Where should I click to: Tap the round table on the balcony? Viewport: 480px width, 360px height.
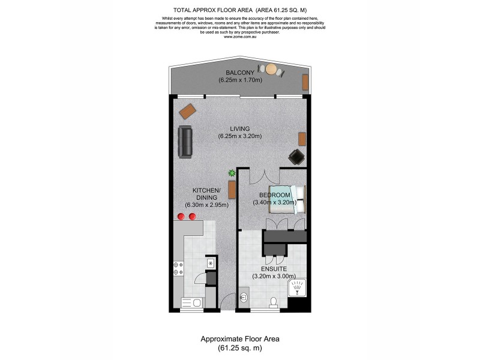click(271, 69)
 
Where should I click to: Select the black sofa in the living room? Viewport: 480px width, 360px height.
click(185, 142)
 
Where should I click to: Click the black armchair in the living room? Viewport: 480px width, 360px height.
click(296, 157)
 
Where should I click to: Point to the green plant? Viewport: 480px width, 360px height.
click(231, 174)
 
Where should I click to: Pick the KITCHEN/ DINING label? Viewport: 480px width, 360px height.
click(206, 194)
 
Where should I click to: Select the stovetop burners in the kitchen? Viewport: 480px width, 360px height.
click(178, 268)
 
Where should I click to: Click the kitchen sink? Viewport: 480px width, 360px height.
click(211, 263)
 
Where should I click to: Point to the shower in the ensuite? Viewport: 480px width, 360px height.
click(298, 289)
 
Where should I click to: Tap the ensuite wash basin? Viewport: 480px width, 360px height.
click(244, 296)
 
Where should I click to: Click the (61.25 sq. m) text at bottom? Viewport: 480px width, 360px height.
click(239, 347)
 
